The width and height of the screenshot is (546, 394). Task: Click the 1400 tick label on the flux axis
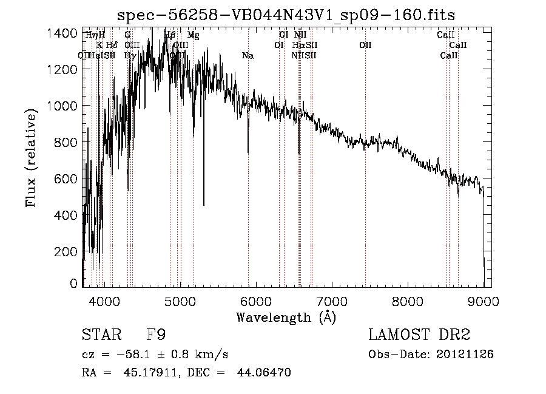tap(62, 33)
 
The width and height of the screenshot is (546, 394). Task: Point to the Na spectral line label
tap(248, 56)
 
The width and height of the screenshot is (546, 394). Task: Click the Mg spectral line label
tap(193, 35)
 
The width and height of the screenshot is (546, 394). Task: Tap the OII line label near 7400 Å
tap(365, 45)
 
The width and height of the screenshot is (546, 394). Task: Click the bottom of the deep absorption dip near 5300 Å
tap(203, 205)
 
